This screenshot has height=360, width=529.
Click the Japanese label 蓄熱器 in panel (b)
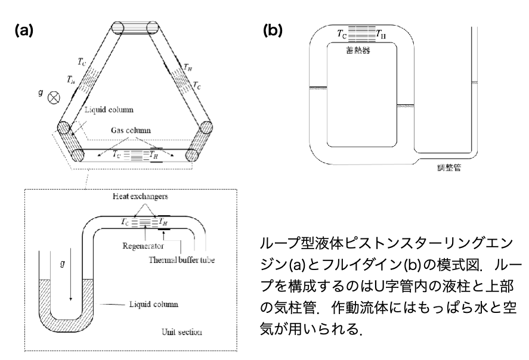(358, 52)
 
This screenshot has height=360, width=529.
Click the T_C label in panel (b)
(341, 34)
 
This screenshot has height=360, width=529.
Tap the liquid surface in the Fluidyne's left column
(318, 88)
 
